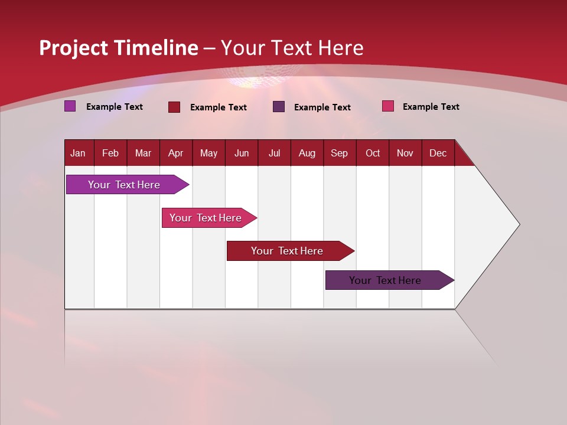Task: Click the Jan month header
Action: coord(78,153)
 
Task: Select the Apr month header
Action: coord(175,153)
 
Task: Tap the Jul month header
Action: coord(274,153)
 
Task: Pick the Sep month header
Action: coord(339,153)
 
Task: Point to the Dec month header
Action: coord(438,153)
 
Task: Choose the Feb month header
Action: coord(110,153)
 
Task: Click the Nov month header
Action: coord(405,153)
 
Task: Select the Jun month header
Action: coord(242,153)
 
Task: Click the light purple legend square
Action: coord(70,106)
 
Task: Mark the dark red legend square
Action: coord(174,107)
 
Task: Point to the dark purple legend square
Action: coord(279,107)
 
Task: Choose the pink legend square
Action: coord(387,106)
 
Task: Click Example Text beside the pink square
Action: coord(431,107)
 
